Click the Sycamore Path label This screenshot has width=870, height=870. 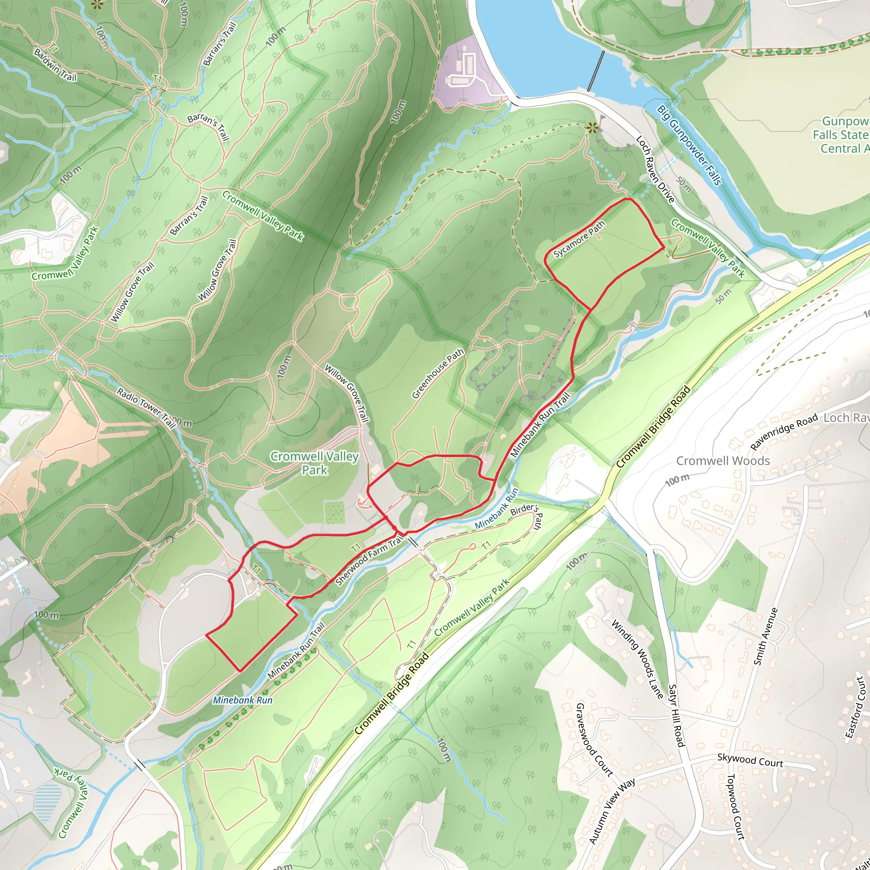(579, 240)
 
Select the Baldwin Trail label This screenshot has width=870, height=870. (55, 65)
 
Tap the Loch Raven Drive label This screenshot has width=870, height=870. (655, 169)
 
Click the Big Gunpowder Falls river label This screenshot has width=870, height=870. (689, 144)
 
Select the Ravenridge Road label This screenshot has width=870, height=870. (783, 432)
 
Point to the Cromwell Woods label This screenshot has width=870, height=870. (723, 460)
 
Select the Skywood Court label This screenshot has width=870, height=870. (750, 760)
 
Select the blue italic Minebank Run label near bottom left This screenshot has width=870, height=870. (243, 700)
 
